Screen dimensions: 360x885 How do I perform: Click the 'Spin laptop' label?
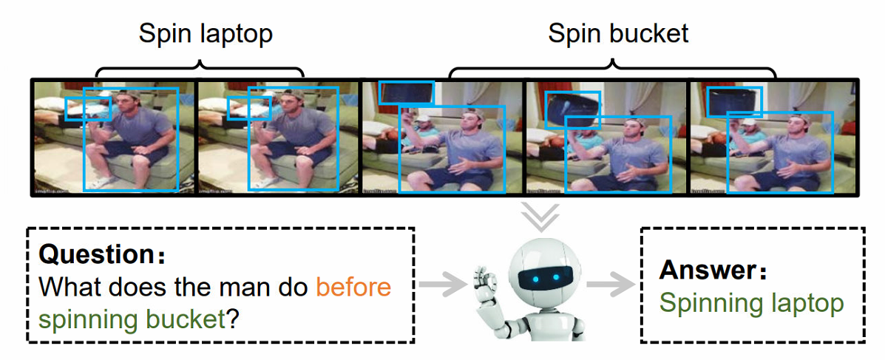(206, 33)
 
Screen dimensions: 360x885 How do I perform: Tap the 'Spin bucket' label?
(618, 33)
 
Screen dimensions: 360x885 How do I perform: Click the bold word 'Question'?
(95, 255)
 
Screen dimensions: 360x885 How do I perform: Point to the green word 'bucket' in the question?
(188, 319)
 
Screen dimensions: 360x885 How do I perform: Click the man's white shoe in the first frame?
(101, 181)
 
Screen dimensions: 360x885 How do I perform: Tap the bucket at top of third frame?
(406, 92)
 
